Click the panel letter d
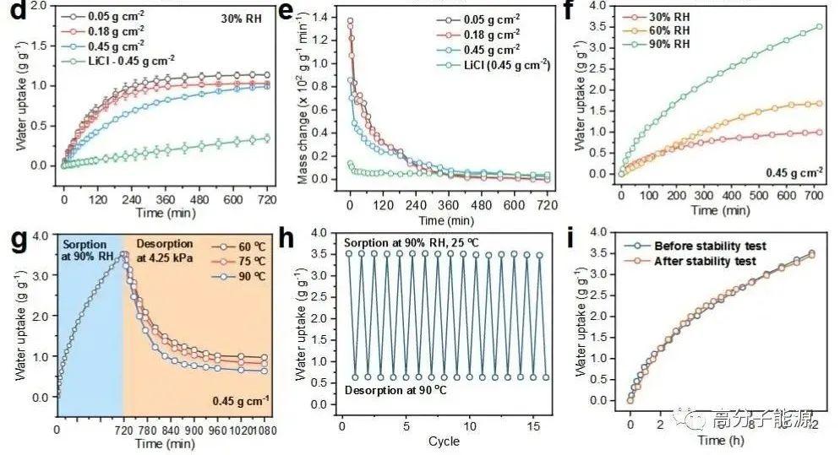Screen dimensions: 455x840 coord(11,12)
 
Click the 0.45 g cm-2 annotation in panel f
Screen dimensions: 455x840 coord(794,175)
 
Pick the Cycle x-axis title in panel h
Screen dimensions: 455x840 coord(444,441)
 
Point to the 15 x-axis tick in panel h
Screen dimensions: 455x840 coord(534,425)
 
